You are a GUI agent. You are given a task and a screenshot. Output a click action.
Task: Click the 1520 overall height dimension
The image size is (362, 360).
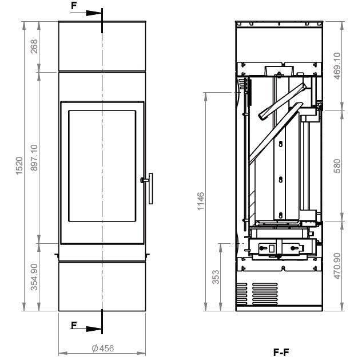tap(18, 166)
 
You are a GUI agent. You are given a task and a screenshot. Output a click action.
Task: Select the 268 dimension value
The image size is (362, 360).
tap(34, 46)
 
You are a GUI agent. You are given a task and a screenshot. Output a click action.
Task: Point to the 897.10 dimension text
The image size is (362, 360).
tap(34, 157)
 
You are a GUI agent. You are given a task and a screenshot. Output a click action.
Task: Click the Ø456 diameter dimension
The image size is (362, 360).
tap(103, 348)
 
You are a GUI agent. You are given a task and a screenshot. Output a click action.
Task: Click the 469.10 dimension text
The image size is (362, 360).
tap(337, 66)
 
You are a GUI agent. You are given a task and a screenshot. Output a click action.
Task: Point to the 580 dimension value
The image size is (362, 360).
tap(337, 165)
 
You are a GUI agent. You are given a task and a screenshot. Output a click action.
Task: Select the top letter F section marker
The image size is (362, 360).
tap(73, 5)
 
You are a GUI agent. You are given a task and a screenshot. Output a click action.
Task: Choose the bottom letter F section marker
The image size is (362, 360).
tap(73, 325)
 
